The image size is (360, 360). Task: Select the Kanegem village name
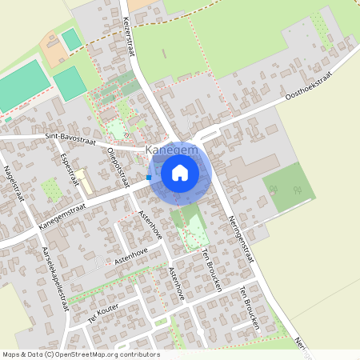pyautogui.click(x=169, y=150)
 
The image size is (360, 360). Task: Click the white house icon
pyautogui.click(x=180, y=172)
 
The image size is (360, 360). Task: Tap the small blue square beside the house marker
pyautogui.click(x=149, y=177)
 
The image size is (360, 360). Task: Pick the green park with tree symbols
pyautogui.click(x=288, y=186)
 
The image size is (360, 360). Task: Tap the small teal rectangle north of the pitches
pyautogui.click(x=72, y=38)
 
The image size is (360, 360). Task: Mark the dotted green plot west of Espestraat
pyautogui.click(x=52, y=190)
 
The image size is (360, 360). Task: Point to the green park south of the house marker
pyautogui.click(x=190, y=226)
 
